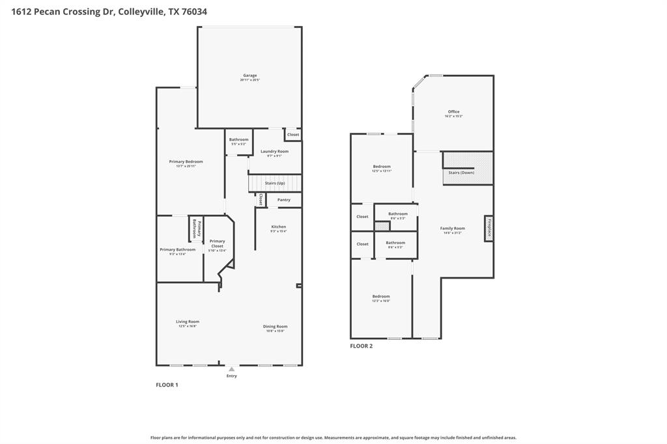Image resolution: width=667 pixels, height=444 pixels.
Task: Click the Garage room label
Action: click(x=249, y=76)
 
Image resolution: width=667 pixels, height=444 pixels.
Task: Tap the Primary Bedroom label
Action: click(x=186, y=161)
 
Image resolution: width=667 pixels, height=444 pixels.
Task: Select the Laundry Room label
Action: click(x=274, y=152)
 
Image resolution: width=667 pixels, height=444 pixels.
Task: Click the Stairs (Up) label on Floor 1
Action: click(x=275, y=183)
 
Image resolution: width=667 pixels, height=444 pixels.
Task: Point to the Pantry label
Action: click(x=283, y=200)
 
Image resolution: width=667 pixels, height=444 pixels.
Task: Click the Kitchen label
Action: click(x=279, y=227)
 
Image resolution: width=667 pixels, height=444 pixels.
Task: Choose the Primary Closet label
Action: click(x=217, y=242)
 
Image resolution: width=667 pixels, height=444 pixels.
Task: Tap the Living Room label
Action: click(x=188, y=322)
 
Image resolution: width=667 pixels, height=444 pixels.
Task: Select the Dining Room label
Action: click(x=276, y=327)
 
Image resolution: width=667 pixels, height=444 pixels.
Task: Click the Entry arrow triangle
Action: click(x=231, y=369)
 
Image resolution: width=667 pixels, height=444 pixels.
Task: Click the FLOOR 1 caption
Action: click(x=167, y=385)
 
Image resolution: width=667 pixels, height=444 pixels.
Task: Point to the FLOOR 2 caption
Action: click(x=361, y=346)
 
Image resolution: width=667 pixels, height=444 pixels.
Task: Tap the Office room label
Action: click(x=453, y=112)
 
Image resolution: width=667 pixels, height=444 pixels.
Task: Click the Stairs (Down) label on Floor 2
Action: click(x=461, y=173)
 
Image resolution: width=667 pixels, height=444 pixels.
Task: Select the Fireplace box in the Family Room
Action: click(x=488, y=228)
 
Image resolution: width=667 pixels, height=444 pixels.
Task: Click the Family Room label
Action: click(x=452, y=229)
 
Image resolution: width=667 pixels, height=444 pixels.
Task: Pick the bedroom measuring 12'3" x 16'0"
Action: click(x=381, y=297)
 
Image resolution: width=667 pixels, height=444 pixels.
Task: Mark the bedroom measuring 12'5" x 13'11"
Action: click(x=382, y=167)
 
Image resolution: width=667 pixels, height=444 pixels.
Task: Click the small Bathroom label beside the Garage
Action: click(x=238, y=139)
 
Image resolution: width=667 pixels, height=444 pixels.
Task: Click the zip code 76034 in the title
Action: click(x=194, y=12)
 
